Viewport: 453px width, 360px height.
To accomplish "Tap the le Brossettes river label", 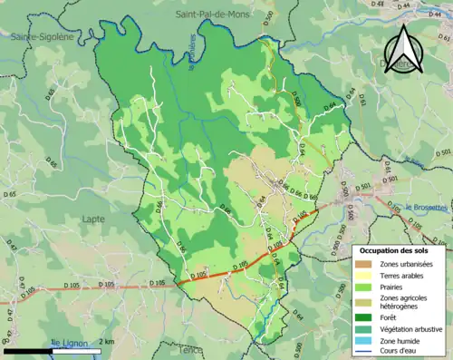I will click(426, 207).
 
